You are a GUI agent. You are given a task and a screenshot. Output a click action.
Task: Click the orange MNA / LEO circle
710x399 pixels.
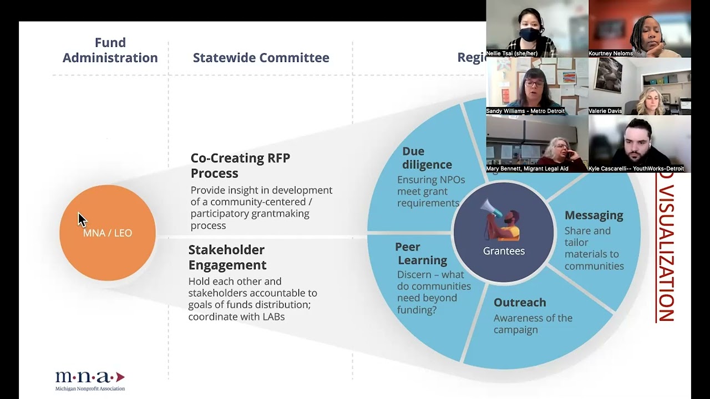point(107,233)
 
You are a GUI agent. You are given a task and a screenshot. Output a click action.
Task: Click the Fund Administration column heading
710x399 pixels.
point(110,50)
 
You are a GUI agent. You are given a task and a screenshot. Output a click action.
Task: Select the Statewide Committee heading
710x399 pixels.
point(261,58)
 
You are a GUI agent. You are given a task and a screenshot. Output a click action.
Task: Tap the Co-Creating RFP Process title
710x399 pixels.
point(240,165)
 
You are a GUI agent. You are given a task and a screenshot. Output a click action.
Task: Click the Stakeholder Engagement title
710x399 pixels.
point(227,257)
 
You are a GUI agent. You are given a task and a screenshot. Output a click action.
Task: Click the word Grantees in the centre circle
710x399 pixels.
point(504,251)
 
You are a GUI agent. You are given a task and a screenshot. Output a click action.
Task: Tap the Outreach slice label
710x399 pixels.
point(520,303)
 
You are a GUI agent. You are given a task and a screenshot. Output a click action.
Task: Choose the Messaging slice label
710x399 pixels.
point(594,215)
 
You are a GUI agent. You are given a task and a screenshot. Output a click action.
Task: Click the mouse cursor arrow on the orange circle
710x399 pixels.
point(82,219)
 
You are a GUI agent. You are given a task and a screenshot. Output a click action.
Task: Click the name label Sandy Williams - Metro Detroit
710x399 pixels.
point(525,111)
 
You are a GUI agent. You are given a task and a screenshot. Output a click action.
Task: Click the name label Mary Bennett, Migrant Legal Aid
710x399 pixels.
point(527,168)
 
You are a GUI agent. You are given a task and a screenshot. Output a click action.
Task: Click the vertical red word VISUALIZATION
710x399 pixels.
point(665,247)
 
